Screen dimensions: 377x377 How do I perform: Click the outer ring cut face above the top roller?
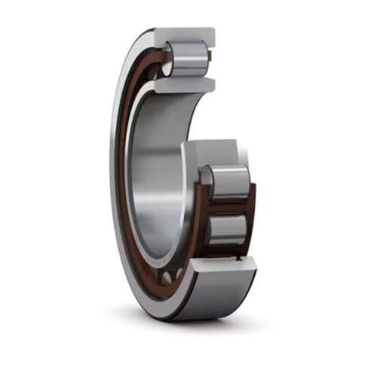pos(185,35)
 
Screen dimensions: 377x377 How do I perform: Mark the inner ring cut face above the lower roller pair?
pos(219,151)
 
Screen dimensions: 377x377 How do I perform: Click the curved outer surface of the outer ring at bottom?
pos(211,298)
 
